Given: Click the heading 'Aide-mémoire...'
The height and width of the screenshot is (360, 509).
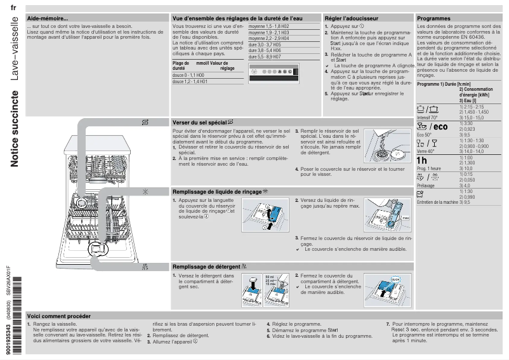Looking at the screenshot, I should pos(48,18).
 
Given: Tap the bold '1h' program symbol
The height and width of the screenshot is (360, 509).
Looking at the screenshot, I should pos(423,159).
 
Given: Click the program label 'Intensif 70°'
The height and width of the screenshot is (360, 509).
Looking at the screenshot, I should pos(428,117).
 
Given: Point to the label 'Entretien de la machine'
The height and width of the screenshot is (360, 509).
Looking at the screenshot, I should pos(437,202).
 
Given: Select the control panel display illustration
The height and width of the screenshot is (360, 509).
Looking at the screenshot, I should pos(273,72).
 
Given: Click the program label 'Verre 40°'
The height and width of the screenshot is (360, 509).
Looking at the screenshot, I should pos(426,152).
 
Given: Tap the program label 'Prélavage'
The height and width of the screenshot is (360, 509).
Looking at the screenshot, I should pos(426,186).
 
